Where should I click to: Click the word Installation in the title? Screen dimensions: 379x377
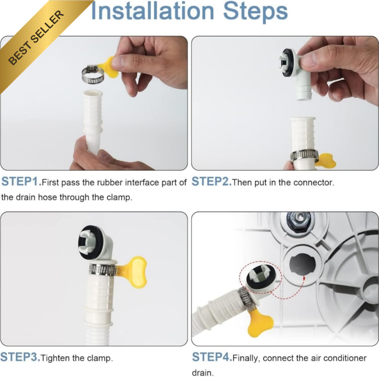point(153,11)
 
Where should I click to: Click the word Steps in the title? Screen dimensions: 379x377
point(255,12)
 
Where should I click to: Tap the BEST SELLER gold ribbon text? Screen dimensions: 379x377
point(36,38)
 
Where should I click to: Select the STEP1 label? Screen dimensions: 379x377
point(21,181)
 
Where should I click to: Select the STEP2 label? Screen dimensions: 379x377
point(211,181)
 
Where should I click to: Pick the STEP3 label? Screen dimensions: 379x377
point(20,357)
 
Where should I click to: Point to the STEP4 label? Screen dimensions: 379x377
point(212,357)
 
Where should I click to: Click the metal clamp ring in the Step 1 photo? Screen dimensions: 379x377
point(93,75)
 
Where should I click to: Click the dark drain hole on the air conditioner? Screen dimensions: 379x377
point(302,264)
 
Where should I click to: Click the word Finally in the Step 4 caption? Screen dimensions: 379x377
point(246,358)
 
